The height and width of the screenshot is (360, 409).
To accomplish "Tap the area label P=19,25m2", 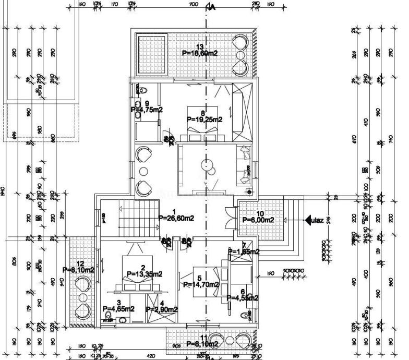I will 204,119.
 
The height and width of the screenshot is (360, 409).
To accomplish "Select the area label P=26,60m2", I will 176,218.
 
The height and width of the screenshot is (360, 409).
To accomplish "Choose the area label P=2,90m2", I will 162,309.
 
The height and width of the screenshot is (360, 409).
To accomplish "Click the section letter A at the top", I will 211,7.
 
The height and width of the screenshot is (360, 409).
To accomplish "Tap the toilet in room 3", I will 109,316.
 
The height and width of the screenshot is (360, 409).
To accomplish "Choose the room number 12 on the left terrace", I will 80,263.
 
